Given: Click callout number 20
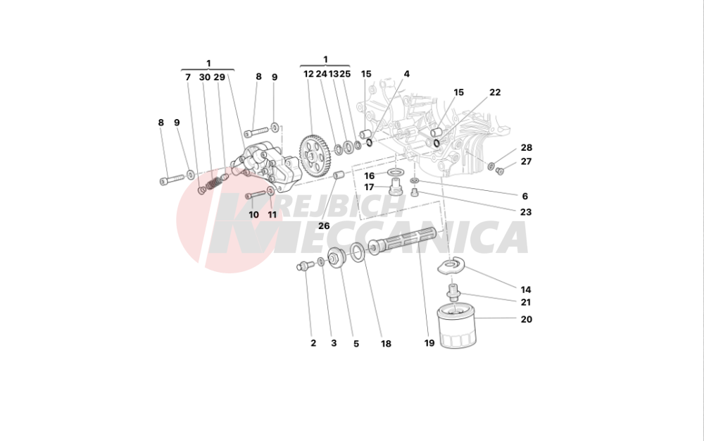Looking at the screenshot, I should pyautogui.click(x=527, y=319).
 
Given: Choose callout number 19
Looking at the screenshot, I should pyautogui.click(x=429, y=344).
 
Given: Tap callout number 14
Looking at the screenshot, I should pyautogui.click(x=526, y=290).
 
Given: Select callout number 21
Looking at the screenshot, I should pyautogui.click(x=526, y=302).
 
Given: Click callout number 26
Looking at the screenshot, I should pyautogui.click(x=324, y=226).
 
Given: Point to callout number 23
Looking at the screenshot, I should pyautogui.click(x=526, y=211).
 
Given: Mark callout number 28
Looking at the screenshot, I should pyautogui.click(x=527, y=148).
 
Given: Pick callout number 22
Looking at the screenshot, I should pyautogui.click(x=495, y=92).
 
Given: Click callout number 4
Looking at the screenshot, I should pyautogui.click(x=406, y=74).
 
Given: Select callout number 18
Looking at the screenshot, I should pyautogui.click(x=386, y=344).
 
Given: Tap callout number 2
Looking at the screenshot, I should pyautogui.click(x=313, y=344).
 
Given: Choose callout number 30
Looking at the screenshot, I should pyautogui.click(x=204, y=77).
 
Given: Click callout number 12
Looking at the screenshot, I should pyautogui.click(x=308, y=74).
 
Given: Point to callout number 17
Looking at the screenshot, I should pyautogui.click(x=369, y=187).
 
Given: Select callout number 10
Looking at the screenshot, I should pyautogui.click(x=253, y=215).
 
